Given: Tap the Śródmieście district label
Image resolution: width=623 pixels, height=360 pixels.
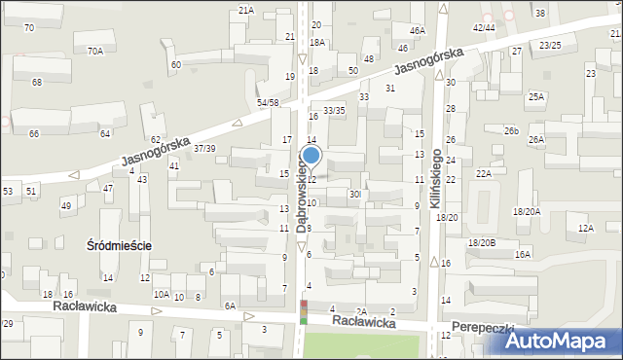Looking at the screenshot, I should tap(119, 246).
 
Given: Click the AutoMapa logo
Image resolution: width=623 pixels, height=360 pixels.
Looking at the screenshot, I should tap(564, 341).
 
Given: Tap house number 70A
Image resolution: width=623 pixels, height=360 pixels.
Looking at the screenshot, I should tap(94, 51).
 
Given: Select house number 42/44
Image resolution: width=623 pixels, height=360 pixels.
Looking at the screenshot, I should tap(484, 27).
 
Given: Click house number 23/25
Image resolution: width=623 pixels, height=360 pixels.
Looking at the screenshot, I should tap(550, 45).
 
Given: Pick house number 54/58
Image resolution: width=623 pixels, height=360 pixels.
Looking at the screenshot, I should tap(268, 102).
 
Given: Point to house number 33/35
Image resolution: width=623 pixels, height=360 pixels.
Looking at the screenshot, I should tap(334, 111).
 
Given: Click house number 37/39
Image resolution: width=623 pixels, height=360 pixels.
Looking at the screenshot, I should tap(204, 148).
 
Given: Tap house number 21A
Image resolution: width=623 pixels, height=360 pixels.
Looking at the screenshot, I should tap(246, 10).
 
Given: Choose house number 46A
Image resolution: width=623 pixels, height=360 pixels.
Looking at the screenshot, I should tap(418, 31).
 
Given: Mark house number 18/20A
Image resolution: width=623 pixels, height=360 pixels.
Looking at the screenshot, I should tap(528, 211).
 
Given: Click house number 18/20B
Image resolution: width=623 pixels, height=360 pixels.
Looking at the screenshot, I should tap(482, 242).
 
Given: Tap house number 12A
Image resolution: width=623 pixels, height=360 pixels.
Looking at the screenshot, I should tap(585, 228).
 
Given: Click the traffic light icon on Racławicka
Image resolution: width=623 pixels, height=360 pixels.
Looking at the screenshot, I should tap(303, 312).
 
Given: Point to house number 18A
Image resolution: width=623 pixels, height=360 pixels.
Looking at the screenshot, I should tap(317, 43).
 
